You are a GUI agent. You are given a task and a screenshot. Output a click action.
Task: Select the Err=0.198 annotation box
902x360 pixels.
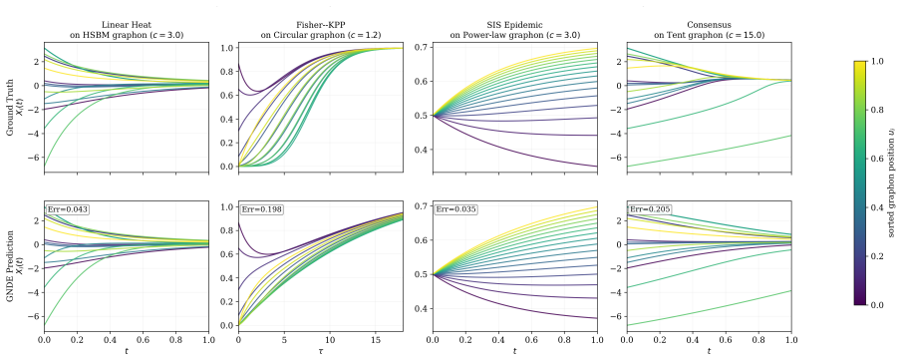coord(261,225)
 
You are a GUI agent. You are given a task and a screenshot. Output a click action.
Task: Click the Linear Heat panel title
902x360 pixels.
coord(126,29)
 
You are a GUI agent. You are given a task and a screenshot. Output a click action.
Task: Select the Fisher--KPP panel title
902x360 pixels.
coord(320,29)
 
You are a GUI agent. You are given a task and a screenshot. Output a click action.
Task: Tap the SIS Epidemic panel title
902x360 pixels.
coord(515,29)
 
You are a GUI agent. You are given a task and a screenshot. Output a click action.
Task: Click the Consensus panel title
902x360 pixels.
coord(709,29)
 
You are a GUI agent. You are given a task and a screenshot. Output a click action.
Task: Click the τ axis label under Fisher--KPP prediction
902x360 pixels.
coord(320,350)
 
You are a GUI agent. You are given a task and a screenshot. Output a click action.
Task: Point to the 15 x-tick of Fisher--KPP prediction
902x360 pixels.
coord(376,339)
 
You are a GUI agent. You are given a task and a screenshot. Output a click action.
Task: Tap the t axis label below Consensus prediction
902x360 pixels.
coord(709,350)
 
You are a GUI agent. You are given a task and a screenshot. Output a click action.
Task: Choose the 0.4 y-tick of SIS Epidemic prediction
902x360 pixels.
coord(422,309)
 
